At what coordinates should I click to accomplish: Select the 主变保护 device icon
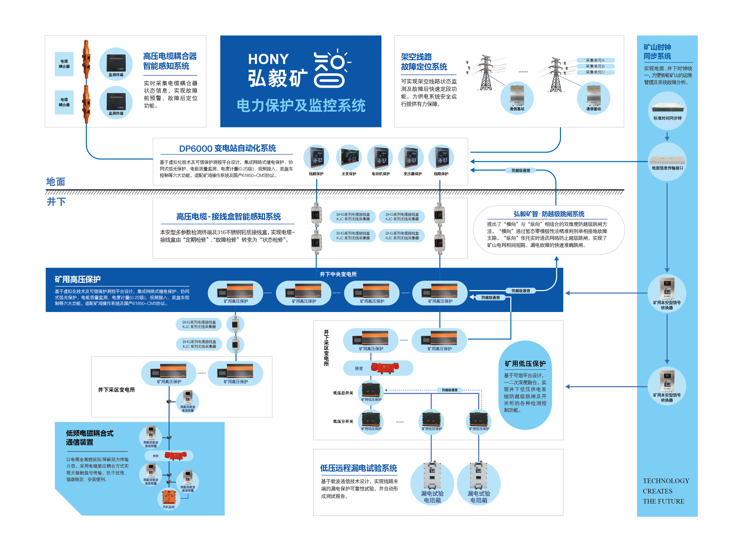click(349, 157)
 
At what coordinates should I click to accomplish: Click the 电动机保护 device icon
click(380, 157)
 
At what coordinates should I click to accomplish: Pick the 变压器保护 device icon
click(411, 157)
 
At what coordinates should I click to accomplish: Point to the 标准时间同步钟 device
click(667, 109)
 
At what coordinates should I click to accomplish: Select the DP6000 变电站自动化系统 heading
click(227, 148)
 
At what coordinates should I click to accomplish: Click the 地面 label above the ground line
click(55, 182)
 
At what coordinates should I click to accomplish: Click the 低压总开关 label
click(343, 393)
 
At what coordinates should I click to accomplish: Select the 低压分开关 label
click(343, 421)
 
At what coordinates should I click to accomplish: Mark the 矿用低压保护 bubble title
click(525, 364)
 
